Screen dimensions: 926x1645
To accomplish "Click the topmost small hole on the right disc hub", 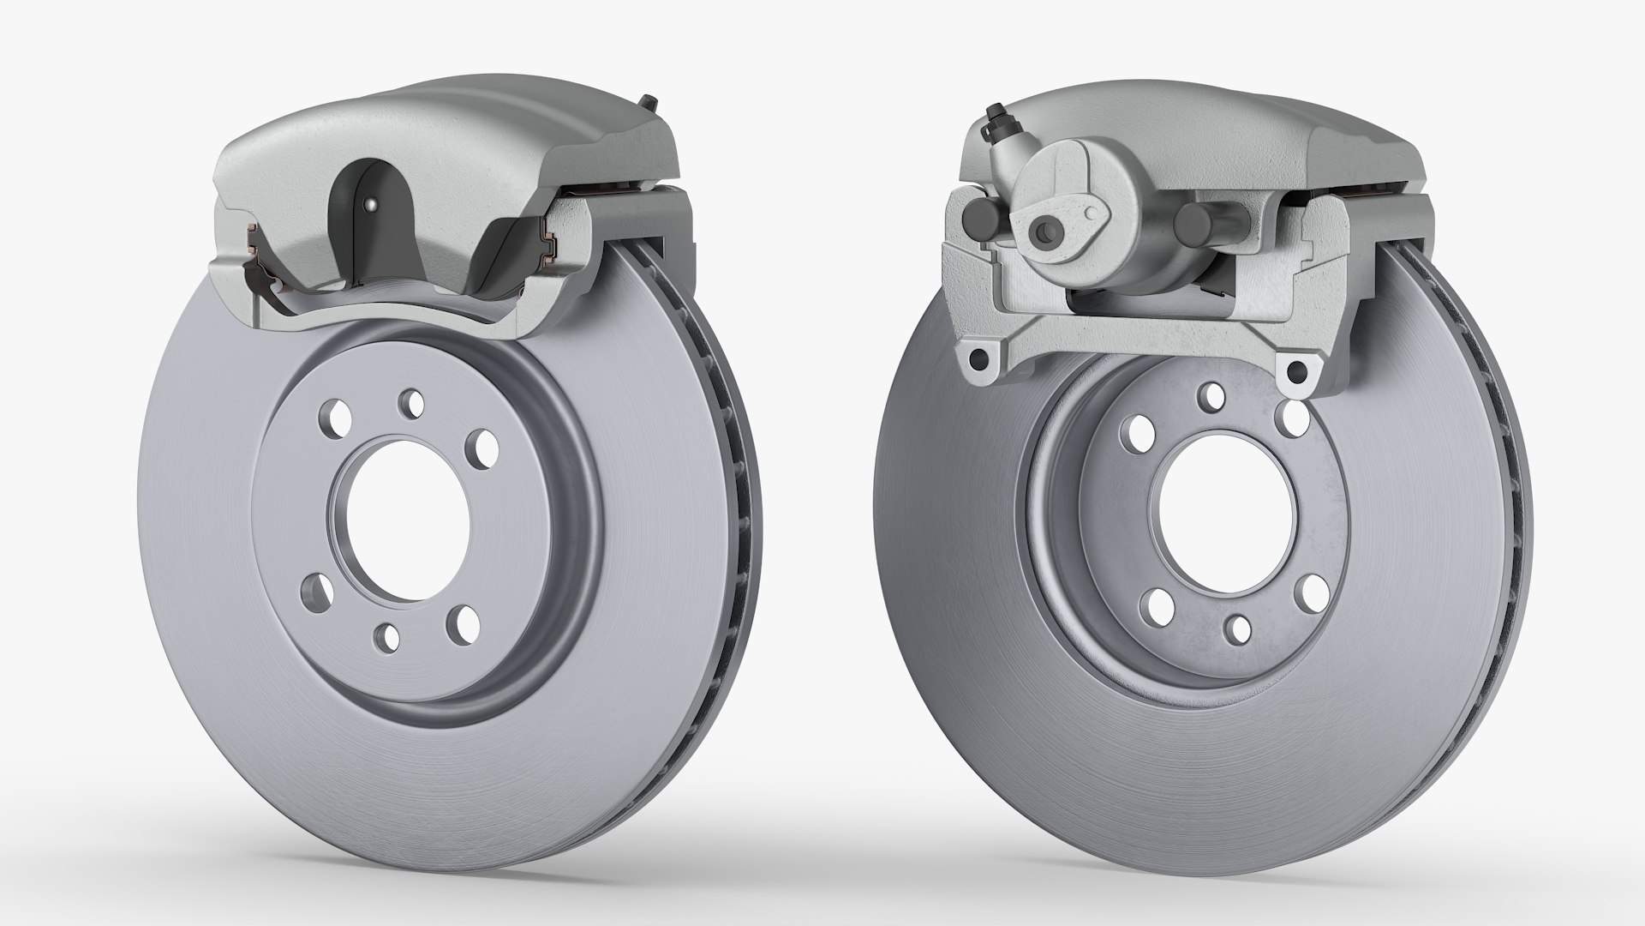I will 1212,395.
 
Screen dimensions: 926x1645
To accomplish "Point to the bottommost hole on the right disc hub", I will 1238,628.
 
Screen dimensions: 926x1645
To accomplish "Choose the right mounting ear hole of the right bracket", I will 1298,370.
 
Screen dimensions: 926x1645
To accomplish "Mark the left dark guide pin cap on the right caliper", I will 977,221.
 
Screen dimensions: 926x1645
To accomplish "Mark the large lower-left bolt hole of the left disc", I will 318,590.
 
